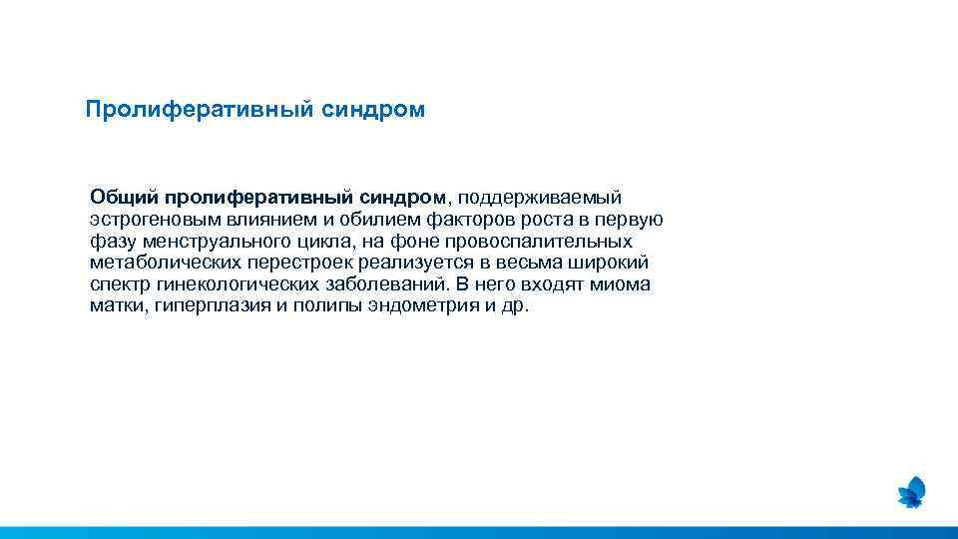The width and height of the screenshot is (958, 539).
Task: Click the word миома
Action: [620, 284]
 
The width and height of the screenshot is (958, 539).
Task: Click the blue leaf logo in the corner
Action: [911, 491]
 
